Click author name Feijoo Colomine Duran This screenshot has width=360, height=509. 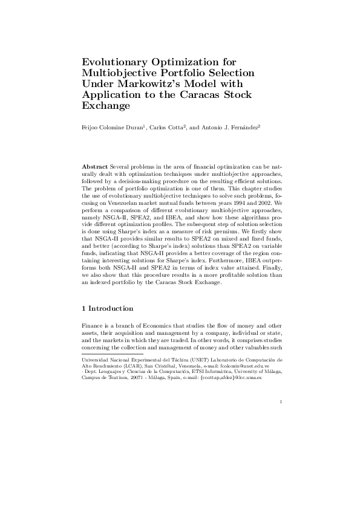pos(115,128)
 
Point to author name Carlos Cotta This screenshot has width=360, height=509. pos(171,128)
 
